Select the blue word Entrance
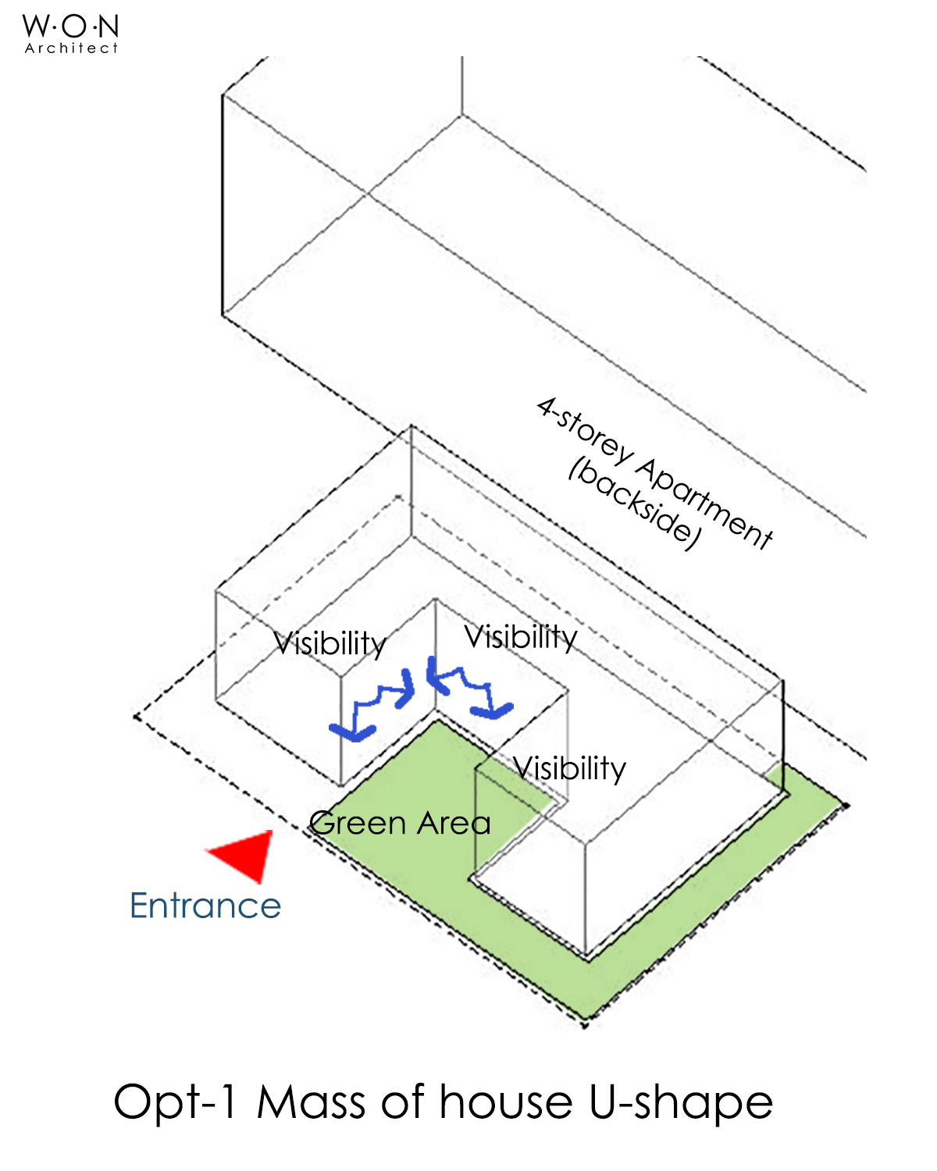click(205, 906)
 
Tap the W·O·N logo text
click(71, 27)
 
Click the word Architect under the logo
click(71, 48)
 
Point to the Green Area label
click(400, 824)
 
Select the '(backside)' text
click(634, 504)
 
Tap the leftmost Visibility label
click(330, 644)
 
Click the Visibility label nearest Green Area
click(570, 769)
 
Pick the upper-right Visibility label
click(521, 637)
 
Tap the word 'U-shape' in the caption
click(680, 1103)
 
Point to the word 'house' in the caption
click(506, 1103)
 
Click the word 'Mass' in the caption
click(311, 1103)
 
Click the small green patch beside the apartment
click(775, 776)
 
